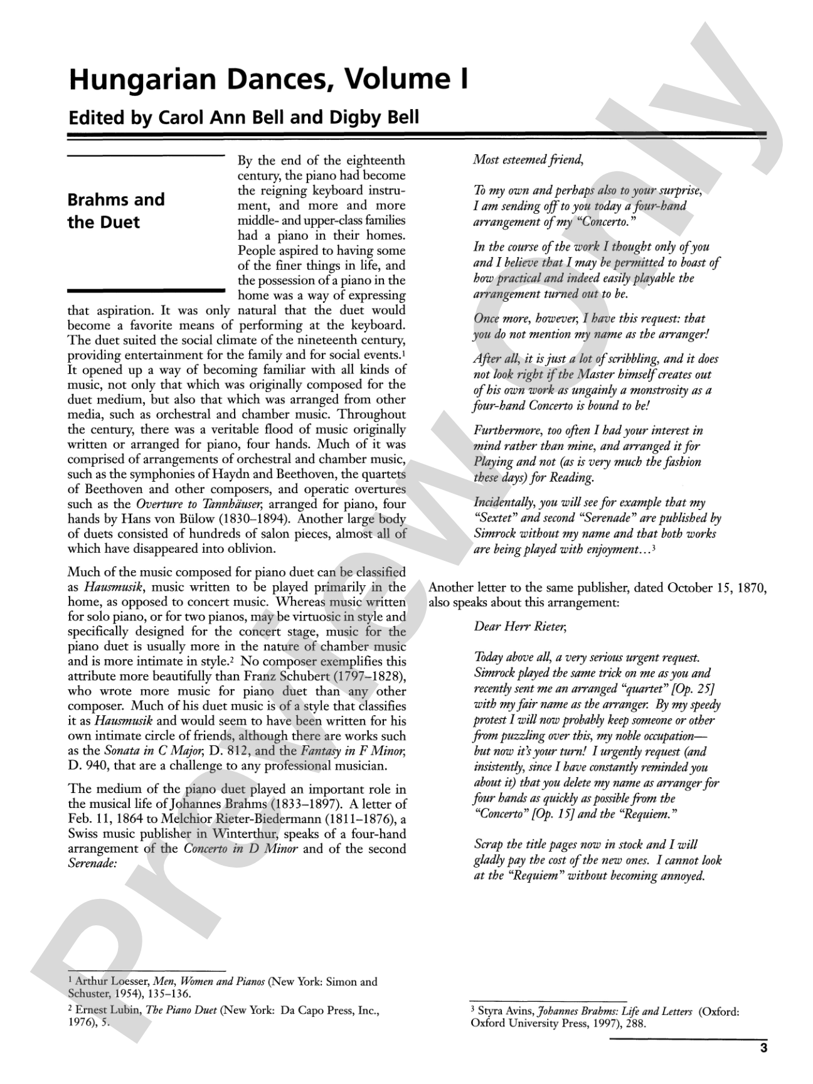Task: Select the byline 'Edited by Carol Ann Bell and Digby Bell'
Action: (243, 117)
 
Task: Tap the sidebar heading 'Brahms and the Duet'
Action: (116, 211)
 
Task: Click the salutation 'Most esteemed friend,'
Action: (528, 159)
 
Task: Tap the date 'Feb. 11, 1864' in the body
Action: (100, 819)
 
